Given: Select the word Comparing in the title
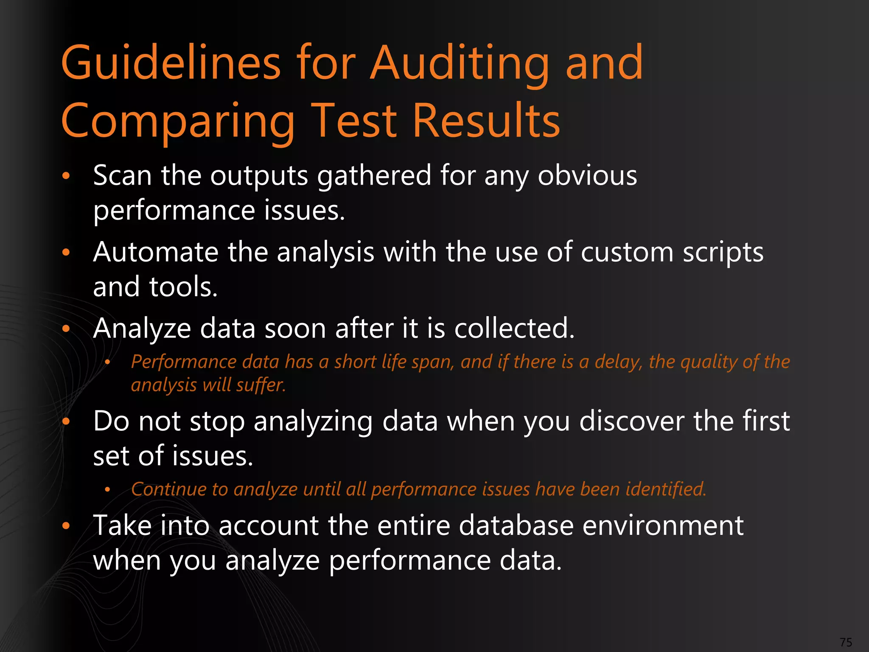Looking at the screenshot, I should [x=178, y=122].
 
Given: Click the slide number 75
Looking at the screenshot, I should [x=846, y=642].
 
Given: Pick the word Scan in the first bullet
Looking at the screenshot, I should [x=122, y=175].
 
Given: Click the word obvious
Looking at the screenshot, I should [x=587, y=175].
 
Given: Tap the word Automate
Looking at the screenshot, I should [x=155, y=252].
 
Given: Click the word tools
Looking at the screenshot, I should [x=183, y=287].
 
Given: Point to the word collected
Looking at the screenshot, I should [x=514, y=329].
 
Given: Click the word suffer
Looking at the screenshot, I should [x=261, y=385].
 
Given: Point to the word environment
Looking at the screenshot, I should [x=663, y=526].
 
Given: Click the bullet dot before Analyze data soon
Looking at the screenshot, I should [x=66, y=329].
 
